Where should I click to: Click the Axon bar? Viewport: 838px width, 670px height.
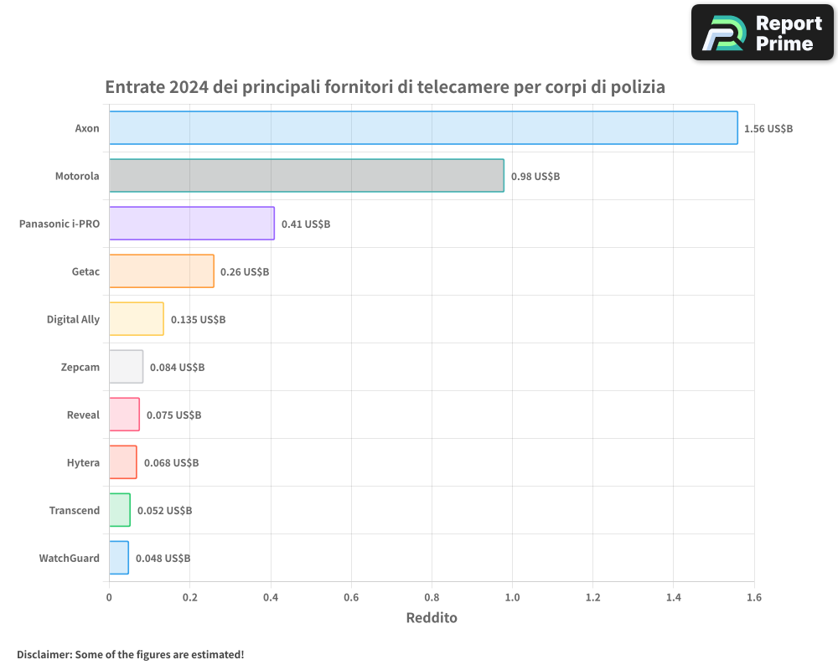(x=423, y=128)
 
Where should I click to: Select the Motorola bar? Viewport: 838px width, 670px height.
(x=306, y=176)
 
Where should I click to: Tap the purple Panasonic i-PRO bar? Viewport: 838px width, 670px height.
(x=191, y=224)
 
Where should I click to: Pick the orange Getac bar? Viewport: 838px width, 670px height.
(x=161, y=271)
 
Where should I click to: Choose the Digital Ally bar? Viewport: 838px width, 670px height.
(x=136, y=319)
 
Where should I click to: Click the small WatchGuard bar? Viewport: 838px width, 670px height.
(x=118, y=558)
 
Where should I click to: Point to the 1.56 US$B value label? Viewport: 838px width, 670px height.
(x=768, y=129)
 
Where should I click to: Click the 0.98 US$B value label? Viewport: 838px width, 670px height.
(x=535, y=177)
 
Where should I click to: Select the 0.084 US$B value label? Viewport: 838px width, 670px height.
(x=177, y=368)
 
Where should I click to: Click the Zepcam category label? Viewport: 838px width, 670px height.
(x=80, y=367)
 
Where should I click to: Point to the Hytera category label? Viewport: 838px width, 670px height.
(x=83, y=462)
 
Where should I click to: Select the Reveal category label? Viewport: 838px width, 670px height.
(x=83, y=415)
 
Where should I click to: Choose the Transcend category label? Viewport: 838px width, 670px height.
(x=74, y=510)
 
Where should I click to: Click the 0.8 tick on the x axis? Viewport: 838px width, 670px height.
(x=432, y=597)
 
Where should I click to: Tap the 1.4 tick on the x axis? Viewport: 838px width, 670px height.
(x=674, y=597)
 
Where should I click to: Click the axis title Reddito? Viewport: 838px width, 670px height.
(x=432, y=618)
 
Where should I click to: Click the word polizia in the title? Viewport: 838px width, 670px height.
(x=637, y=87)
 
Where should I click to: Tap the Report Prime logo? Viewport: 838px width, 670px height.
(x=762, y=33)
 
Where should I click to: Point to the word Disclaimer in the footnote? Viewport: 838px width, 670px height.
(x=44, y=654)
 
